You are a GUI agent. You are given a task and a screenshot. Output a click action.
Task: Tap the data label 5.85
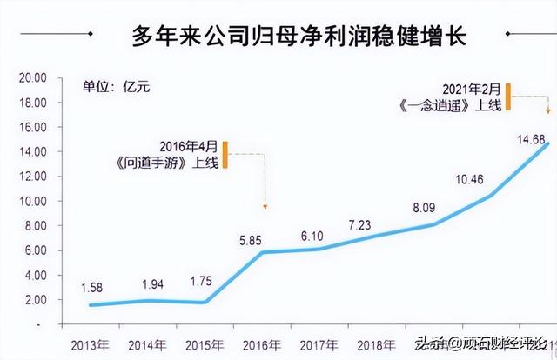tap(252, 235)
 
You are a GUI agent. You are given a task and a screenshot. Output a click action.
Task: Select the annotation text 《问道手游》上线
tap(178, 160)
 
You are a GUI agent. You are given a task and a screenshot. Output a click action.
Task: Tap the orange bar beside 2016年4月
tap(225, 153)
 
